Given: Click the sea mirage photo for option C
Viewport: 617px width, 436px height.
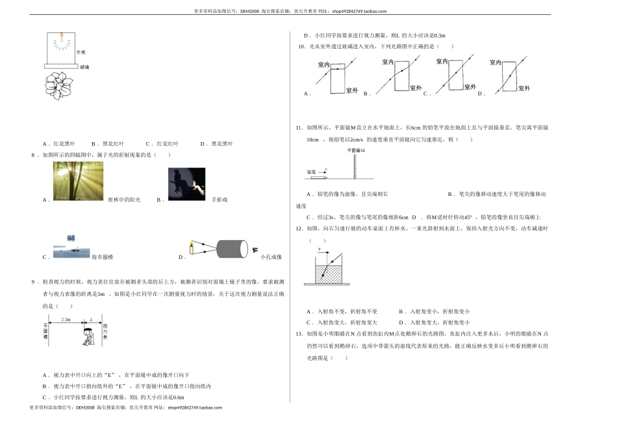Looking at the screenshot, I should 71,247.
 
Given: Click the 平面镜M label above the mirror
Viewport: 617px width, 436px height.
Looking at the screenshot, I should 357,150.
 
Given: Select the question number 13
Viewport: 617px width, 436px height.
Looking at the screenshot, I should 299,333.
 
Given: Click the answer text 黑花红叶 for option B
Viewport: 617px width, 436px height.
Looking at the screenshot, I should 112,143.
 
